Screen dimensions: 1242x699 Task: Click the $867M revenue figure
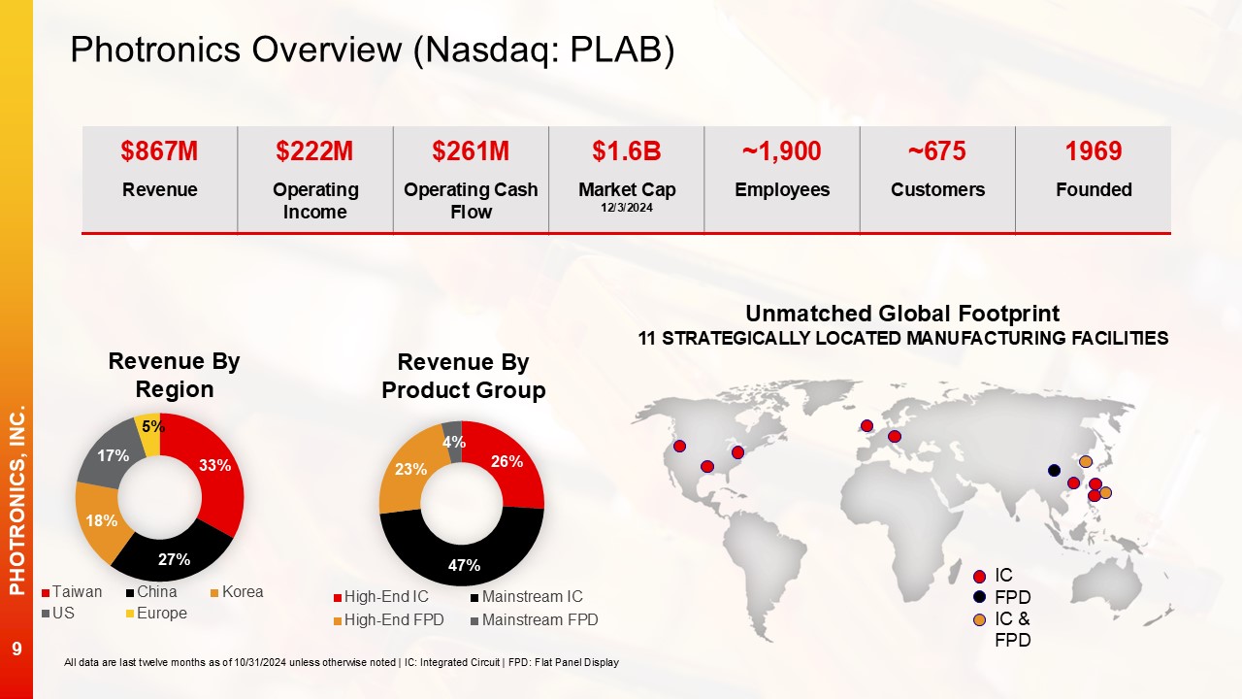pos(159,150)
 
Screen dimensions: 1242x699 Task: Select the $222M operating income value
pos(314,150)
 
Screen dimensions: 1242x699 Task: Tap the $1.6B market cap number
pos(627,150)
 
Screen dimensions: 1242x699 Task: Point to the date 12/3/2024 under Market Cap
pos(627,208)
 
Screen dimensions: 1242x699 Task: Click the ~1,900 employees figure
pos(782,150)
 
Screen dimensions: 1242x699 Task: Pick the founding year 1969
pos(1094,150)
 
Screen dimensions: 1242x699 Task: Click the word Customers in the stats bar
pos(937,189)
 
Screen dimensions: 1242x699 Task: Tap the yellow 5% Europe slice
pos(149,433)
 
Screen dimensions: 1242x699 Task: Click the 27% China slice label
pos(174,559)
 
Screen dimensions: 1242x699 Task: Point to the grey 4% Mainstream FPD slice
pos(453,441)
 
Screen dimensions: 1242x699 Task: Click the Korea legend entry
pos(237,592)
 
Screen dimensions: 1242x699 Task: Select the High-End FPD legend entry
pos(389,619)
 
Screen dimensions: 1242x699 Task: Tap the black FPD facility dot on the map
pos(1054,471)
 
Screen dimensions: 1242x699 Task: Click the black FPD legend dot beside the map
pos(980,597)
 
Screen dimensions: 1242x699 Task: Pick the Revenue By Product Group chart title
pos(464,376)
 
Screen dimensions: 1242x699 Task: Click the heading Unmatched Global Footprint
pos(902,314)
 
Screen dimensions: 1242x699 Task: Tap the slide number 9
pos(16,649)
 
